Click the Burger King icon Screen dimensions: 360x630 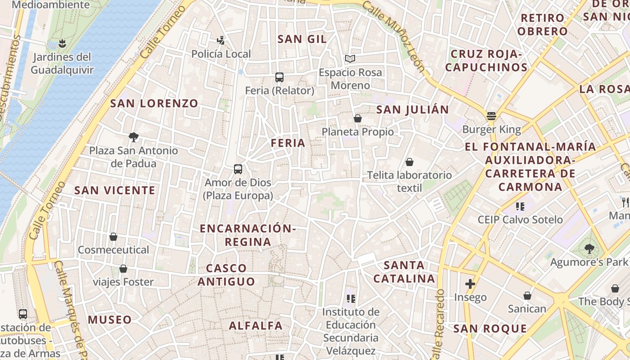pos(491,116)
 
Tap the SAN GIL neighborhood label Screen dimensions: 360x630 pos(302,39)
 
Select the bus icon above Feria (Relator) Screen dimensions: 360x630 pos(279,77)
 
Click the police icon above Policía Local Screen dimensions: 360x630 pos(220,40)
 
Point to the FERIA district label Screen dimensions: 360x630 pos(288,143)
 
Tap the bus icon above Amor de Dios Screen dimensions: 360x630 pos(238,169)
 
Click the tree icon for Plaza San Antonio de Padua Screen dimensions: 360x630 pos(133,137)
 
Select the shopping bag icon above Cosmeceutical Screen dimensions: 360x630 pos(113,237)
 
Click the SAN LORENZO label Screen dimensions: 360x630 pos(154,103)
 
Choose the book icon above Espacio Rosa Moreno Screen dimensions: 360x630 pos(350,58)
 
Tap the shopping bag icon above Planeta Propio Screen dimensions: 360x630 pos(358,118)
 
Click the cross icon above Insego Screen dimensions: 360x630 pos(470,284)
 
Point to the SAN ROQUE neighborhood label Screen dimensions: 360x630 pos(490,329)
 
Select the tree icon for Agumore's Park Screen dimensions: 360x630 pos(589,248)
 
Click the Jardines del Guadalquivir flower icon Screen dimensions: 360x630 pos(62,44)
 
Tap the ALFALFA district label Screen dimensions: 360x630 pos(256,325)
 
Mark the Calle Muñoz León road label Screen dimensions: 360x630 pos(394,36)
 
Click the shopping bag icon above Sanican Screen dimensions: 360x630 pos(527,296)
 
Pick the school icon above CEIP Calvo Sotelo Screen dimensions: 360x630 pos(520,207)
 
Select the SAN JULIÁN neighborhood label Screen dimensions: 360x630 pos(413,110)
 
